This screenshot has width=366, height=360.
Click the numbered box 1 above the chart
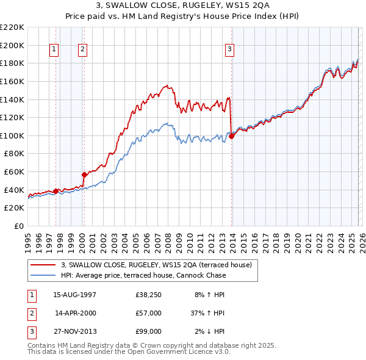pos(54,50)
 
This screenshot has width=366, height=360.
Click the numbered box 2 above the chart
pos(82,50)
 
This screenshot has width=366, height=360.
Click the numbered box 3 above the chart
pos(230,50)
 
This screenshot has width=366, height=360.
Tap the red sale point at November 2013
pos(231,137)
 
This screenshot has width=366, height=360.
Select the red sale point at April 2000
pos(84,175)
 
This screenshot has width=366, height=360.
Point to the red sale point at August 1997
pos(56,191)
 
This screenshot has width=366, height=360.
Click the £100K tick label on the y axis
pos(12,135)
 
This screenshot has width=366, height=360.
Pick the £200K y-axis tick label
pos(12,45)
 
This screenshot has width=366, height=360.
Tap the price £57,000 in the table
pos(148,313)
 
